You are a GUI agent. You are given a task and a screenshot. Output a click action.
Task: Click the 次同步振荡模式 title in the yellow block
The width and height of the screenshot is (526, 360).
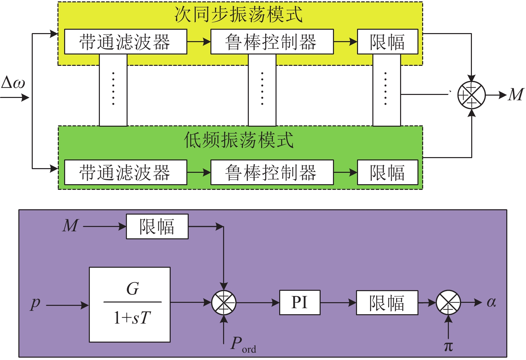[238, 15]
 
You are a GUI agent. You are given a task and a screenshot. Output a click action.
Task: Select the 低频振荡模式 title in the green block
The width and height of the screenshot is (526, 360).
[238, 140]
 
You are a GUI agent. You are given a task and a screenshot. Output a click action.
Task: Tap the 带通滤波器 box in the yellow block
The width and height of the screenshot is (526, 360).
[125, 42]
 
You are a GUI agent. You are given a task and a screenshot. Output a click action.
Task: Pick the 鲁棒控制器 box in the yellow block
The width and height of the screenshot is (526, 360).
[272, 42]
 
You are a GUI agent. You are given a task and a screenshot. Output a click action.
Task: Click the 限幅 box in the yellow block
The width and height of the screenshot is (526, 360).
[387, 42]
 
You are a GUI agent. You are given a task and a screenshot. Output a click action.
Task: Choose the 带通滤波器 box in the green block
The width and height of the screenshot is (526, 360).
[125, 172]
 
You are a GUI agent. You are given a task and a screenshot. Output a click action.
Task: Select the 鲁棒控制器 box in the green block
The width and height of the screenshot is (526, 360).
[272, 172]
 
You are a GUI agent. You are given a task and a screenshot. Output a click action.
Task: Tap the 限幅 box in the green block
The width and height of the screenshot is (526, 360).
[387, 172]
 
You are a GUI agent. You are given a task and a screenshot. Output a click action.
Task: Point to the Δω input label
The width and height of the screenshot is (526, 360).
[13, 83]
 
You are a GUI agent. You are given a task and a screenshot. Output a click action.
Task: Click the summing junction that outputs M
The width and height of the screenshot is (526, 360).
[471, 95]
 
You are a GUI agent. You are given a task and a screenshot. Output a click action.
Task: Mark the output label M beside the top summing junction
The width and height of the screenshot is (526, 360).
[516, 95]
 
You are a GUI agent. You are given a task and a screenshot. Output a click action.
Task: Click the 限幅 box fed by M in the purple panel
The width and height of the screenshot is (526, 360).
[157, 227]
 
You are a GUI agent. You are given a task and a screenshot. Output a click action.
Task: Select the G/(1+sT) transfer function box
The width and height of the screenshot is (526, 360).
[130, 305]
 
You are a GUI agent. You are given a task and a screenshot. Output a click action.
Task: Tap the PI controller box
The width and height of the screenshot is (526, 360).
[300, 303]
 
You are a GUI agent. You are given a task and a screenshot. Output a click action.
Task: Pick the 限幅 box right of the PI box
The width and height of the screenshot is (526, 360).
[387, 303]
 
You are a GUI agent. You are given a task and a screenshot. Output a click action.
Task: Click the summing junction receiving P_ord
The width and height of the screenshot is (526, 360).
[224, 303]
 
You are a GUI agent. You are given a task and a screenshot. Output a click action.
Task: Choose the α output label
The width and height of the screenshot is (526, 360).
[491, 302]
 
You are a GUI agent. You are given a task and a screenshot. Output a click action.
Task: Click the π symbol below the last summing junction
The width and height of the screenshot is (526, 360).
[448, 346]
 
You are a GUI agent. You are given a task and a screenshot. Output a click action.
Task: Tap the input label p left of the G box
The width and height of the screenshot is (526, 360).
[35, 304]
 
